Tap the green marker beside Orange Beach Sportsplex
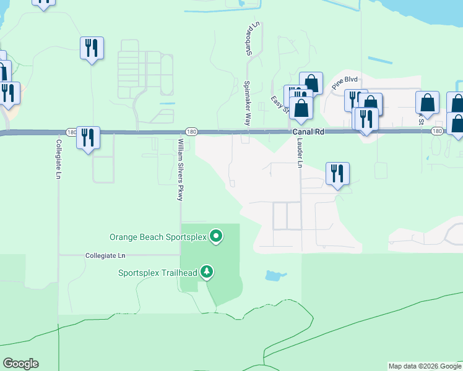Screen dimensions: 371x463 [x=216, y=236]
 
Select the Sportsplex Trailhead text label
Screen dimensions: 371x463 [x=158, y=273]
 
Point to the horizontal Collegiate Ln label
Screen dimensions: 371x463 [x=105, y=255]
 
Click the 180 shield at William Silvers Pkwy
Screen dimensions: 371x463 [x=191, y=131]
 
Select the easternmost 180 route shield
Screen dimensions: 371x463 [x=437, y=131]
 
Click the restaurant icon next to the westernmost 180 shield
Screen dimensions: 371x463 [x=88, y=138]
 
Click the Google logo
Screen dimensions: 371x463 [x=20, y=364]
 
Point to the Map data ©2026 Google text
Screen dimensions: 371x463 [x=425, y=366]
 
